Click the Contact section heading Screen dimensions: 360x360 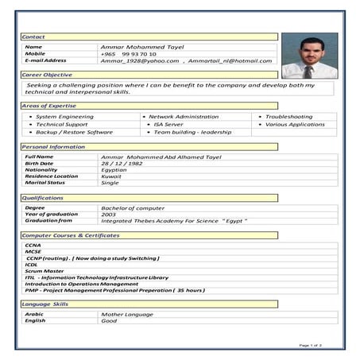33,37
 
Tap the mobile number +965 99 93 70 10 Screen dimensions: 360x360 129,53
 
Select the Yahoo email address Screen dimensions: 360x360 140,60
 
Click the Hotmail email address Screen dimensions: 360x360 230,60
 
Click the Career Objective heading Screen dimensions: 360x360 47,74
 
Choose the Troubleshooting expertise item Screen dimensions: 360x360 288,116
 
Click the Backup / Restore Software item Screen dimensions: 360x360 74,132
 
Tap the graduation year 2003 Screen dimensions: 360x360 109,214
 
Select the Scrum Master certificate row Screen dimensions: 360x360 43,271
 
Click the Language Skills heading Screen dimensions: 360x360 45,304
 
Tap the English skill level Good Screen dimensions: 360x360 110,320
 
